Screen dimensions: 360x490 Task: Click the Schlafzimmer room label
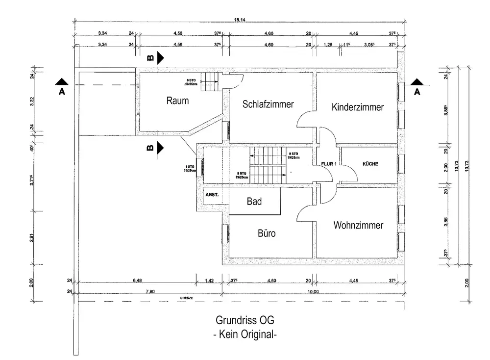[268, 104]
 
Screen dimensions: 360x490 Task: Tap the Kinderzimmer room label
[357, 107]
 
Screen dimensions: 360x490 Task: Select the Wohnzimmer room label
[358, 225]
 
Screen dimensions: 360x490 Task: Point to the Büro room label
[267, 233]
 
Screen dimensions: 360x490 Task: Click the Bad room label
[254, 201]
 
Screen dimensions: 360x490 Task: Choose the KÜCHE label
[370, 164]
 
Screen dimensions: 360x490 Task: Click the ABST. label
[212, 195]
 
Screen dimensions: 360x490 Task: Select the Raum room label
[177, 101]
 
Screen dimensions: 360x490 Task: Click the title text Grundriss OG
[245, 320]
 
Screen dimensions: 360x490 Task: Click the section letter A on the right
[417, 92]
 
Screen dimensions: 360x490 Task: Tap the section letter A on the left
[62, 92]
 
